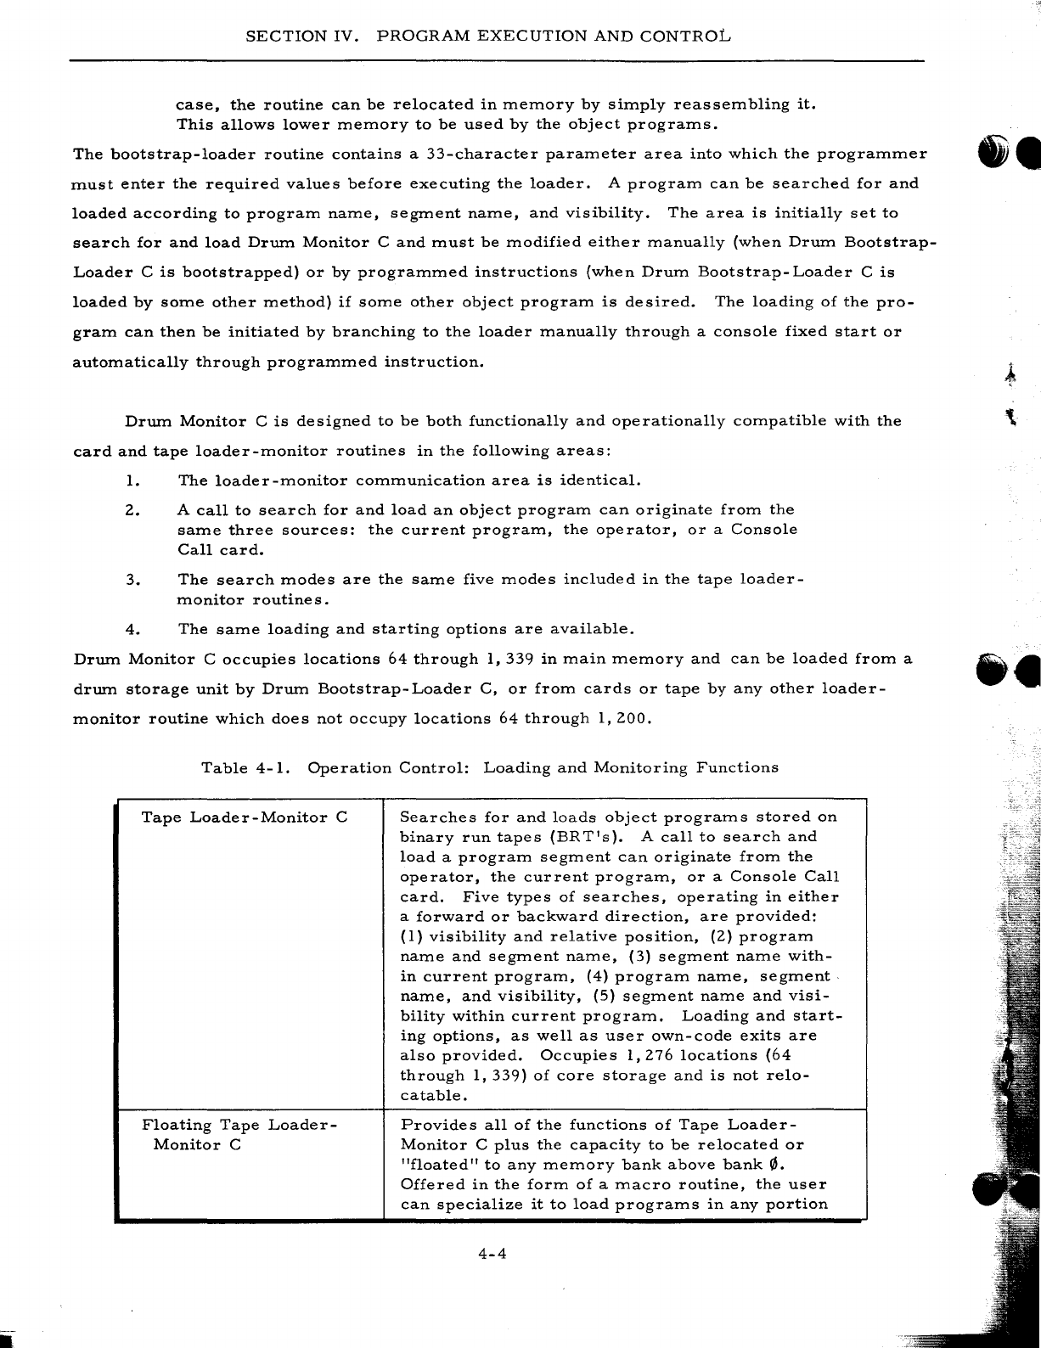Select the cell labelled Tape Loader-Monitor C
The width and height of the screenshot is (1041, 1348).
click(245, 817)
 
